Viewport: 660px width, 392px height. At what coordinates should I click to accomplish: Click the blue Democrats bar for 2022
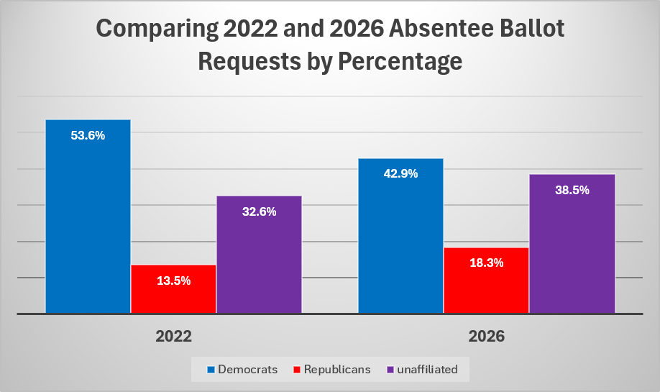88,216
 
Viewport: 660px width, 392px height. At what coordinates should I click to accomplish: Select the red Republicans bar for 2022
173,289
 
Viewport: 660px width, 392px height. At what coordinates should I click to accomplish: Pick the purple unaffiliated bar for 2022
260,255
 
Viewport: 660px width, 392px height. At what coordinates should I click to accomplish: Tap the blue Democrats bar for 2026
400,236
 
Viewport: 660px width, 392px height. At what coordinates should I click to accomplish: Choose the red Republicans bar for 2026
486,281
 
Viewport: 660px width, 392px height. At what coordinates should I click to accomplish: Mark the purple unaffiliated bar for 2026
572,244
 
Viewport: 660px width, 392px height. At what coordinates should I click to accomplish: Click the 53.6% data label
88,135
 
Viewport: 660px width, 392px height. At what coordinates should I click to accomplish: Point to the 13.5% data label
174,281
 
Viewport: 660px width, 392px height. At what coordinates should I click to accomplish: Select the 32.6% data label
260,211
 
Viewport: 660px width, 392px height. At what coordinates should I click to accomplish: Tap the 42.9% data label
400,174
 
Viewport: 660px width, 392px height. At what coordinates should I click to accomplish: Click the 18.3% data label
487,263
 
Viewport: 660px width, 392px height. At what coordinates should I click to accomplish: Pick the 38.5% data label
572,191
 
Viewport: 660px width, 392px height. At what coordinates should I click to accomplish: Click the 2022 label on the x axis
173,337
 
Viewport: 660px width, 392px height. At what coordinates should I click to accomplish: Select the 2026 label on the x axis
487,337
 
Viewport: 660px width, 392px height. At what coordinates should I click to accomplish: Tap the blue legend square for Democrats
211,370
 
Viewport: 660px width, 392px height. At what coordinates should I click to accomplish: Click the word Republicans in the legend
337,369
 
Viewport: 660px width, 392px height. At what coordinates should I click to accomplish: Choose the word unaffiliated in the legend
427,369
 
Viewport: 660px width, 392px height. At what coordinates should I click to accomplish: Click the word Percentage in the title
400,62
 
